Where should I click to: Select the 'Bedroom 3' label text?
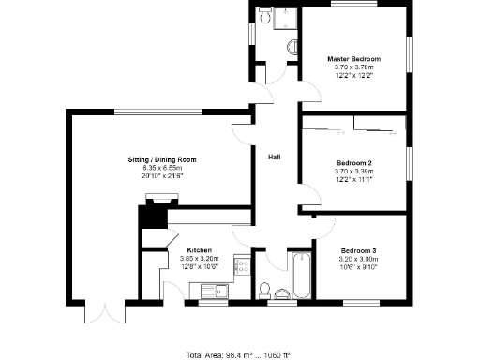pyautogui.click(x=359, y=250)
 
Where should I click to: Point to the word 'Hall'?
pyautogui.click(x=275, y=156)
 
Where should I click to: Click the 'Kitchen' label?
pyautogui.click(x=199, y=250)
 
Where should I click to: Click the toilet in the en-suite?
pyautogui.click(x=263, y=16)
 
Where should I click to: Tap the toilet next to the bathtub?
pyautogui.click(x=265, y=288)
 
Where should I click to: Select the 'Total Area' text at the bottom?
pyautogui.click(x=238, y=354)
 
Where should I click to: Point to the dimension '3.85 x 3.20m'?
pyautogui.click(x=199, y=259)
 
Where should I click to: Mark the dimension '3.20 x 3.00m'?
pyautogui.click(x=359, y=259)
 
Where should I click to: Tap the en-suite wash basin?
pyautogui.click(x=292, y=46)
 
